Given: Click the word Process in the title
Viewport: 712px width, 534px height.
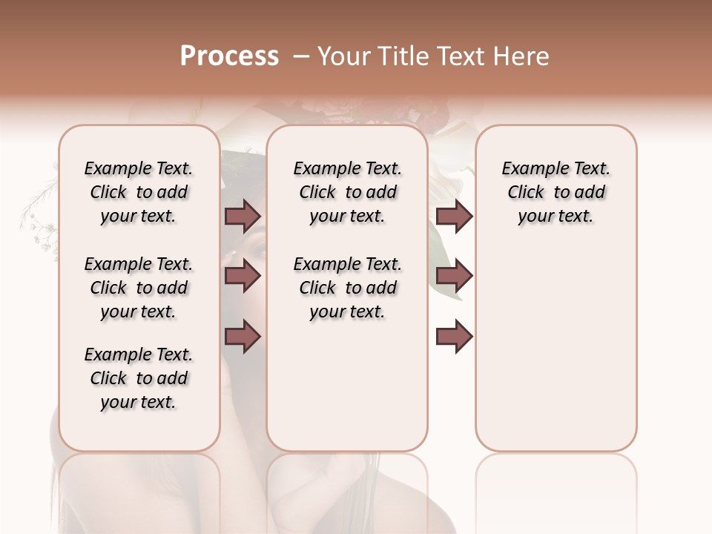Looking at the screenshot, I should (229, 56).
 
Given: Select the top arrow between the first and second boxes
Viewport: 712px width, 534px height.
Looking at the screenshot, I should (243, 216).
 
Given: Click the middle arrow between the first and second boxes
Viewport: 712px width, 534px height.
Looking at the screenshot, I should (243, 276).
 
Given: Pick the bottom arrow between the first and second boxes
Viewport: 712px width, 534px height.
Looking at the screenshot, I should (243, 337).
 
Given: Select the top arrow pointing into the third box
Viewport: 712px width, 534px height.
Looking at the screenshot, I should (454, 216).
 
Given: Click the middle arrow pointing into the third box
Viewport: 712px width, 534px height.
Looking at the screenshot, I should (454, 276).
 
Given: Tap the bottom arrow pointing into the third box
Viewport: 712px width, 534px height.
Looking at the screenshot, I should (454, 337).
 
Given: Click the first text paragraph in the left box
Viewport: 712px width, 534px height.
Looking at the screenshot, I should (139, 192).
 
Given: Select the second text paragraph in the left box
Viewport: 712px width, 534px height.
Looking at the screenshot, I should (139, 288).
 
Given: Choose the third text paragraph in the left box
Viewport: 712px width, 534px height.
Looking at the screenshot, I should (139, 378).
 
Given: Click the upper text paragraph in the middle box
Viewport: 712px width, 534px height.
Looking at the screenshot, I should (347, 192).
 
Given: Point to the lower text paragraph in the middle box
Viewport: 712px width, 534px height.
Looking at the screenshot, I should (347, 288).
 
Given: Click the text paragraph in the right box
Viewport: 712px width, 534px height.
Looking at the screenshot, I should (556, 192).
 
